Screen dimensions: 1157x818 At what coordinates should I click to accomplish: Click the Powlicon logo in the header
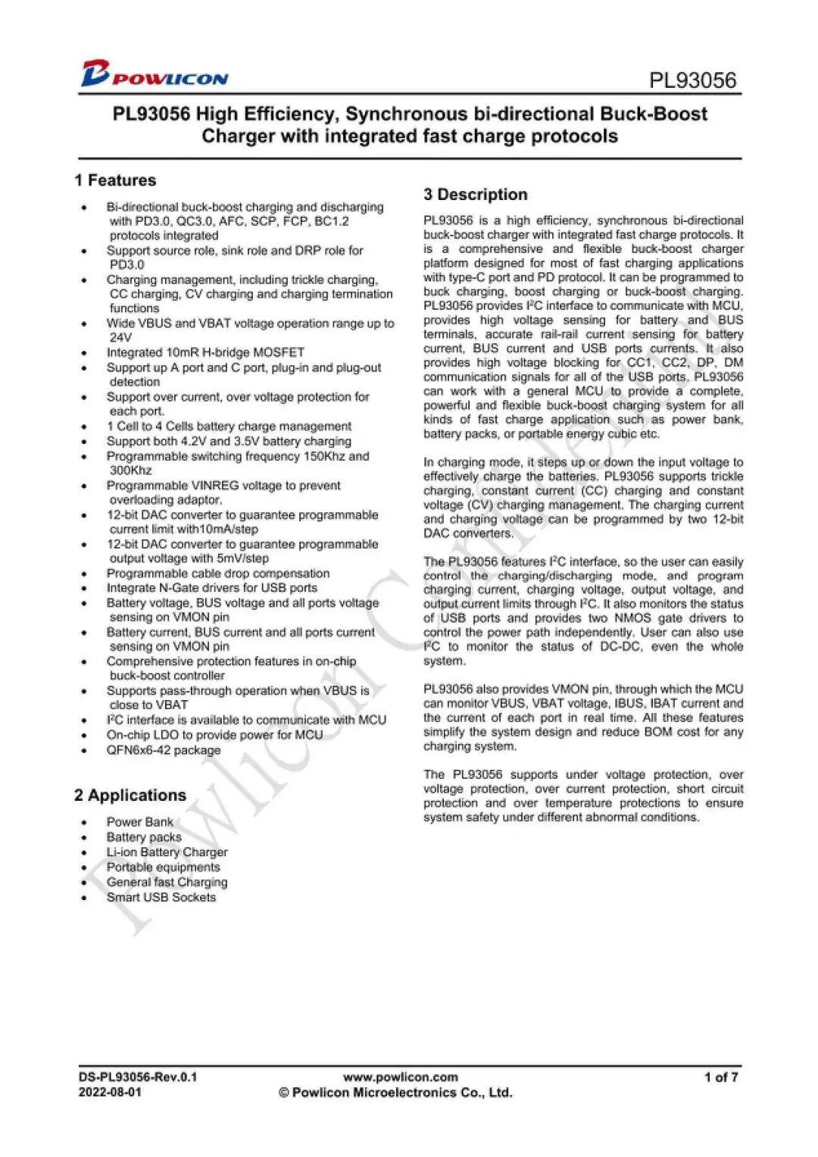tap(155, 73)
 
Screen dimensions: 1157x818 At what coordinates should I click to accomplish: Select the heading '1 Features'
tap(115, 180)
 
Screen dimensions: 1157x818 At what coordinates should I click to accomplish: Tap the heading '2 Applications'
tap(130, 795)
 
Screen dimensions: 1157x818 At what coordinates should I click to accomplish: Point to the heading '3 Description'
tap(476, 195)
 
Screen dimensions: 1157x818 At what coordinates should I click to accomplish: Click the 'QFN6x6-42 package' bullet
tap(164, 750)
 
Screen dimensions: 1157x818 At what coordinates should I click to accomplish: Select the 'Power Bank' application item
tap(140, 822)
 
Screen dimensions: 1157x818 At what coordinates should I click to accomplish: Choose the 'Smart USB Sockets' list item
tap(161, 897)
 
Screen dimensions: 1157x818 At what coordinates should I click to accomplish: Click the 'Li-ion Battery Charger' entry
tap(167, 852)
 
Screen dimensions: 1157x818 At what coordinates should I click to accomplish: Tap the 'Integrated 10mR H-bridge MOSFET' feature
tap(205, 352)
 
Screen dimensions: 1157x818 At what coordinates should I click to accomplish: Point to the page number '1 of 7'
tap(720, 1077)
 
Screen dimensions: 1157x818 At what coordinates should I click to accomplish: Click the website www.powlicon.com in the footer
tap(401, 1077)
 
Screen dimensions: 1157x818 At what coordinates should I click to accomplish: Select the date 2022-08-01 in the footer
tap(110, 1093)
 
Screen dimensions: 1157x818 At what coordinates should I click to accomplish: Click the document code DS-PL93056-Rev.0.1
tap(138, 1077)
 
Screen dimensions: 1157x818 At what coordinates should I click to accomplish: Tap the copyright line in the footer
tap(396, 1093)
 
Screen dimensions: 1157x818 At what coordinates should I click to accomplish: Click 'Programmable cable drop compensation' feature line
tap(218, 574)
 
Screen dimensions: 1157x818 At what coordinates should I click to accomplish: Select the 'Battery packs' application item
tap(144, 837)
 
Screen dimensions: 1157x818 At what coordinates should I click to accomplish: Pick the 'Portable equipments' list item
tap(164, 867)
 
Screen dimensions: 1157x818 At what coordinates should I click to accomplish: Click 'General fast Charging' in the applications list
tap(167, 882)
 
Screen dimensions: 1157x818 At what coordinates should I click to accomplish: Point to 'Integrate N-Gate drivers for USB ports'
tap(212, 588)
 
